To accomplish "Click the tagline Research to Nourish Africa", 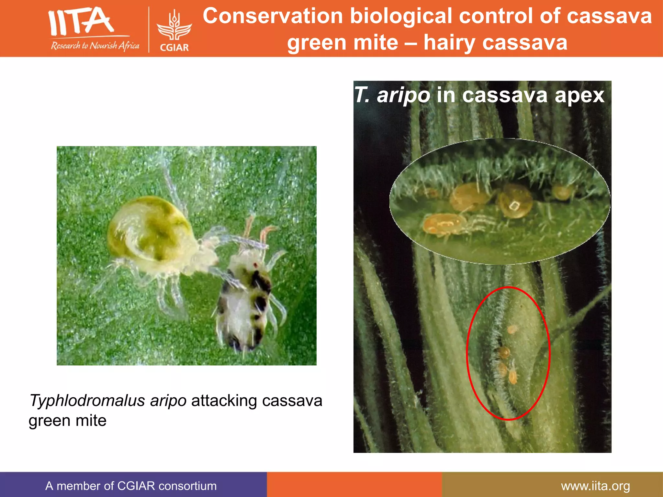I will pos(95,46).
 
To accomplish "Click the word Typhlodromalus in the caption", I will pos(87,401).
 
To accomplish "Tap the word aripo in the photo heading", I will pos(403,95).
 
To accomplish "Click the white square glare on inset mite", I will pos(513,206).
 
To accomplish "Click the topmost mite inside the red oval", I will pos(512,329).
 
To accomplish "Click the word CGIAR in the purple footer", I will pos(136,486).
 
